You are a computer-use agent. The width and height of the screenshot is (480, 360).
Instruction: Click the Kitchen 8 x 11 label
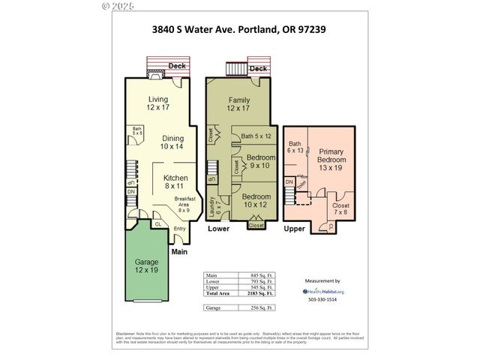(x=175, y=181)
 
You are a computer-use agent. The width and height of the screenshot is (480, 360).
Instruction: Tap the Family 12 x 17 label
(x=238, y=103)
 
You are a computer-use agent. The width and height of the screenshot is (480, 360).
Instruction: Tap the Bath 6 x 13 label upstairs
(x=295, y=147)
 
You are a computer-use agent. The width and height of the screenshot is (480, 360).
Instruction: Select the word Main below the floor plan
(x=178, y=252)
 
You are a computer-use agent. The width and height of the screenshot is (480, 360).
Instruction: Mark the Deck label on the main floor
(x=177, y=66)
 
